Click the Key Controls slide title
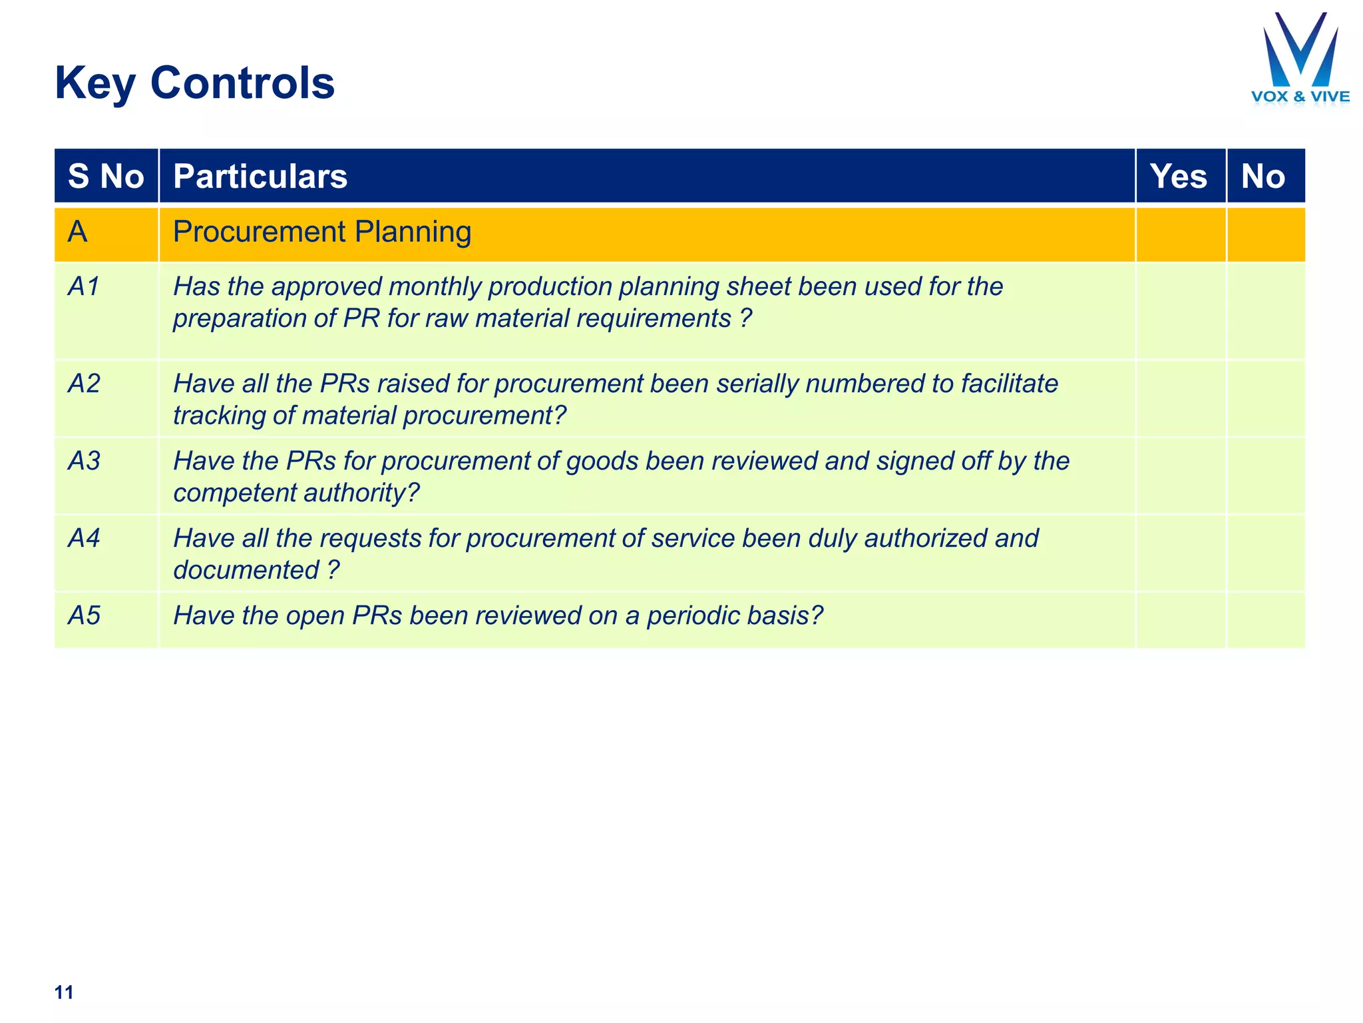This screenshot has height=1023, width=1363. [x=194, y=83]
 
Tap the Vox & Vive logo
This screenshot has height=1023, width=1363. [x=1300, y=59]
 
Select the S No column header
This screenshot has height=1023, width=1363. [x=106, y=176]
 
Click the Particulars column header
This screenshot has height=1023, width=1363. [x=260, y=176]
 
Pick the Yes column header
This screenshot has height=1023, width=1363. [x=1179, y=176]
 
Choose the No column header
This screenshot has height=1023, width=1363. [x=1263, y=176]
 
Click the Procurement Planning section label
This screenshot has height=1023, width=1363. [x=322, y=232]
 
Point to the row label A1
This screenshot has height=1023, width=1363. [x=85, y=286]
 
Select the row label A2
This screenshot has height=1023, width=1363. [x=85, y=384]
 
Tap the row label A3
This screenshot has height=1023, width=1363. [x=85, y=461]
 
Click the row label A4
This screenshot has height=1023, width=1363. [x=85, y=538]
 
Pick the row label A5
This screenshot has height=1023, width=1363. [x=85, y=615]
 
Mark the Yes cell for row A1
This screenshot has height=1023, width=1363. [x=1180, y=310]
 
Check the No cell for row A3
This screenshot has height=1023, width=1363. [x=1265, y=476]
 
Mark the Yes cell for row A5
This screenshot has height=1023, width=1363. [x=1180, y=619]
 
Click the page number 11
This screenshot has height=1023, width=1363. [x=64, y=992]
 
